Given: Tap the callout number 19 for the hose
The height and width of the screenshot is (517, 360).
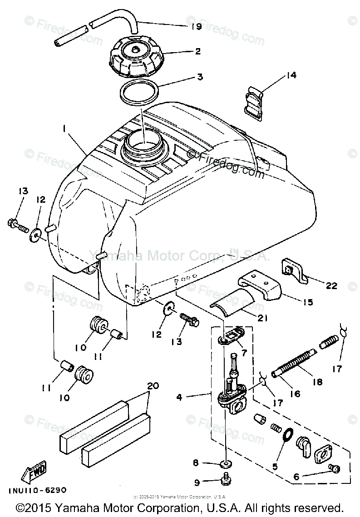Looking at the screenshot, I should (x=196, y=26).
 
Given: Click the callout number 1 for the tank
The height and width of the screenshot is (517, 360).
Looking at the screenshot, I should (x=65, y=129).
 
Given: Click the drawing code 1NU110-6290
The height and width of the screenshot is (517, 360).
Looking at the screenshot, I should (x=37, y=490).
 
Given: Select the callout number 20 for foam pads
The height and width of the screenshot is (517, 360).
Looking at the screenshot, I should (x=153, y=386).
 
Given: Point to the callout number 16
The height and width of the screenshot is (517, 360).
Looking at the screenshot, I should (x=295, y=394).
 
